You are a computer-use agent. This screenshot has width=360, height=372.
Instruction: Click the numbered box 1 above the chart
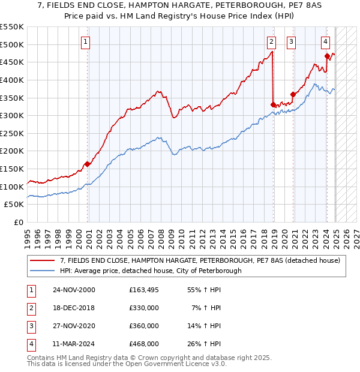tap(86, 41)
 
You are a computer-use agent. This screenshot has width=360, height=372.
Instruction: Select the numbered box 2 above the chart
tap(271, 41)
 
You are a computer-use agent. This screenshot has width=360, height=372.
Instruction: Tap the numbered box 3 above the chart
tap(291, 41)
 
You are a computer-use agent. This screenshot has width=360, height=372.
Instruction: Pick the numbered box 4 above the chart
tap(325, 41)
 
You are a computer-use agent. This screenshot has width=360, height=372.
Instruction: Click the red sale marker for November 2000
tap(88, 164)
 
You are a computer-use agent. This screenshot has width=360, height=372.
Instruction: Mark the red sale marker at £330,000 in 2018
tap(273, 104)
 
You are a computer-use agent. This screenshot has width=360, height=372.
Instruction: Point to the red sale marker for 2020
tap(293, 94)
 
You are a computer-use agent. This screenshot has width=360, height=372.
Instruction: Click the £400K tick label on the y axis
tap(12, 80)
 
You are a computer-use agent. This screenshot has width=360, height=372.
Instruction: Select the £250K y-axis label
tap(12, 133)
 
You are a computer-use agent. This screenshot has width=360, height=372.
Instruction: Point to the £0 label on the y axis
tap(18, 223)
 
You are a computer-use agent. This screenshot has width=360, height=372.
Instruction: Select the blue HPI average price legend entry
tap(150, 271)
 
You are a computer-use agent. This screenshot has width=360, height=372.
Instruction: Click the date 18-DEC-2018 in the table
tap(73, 308)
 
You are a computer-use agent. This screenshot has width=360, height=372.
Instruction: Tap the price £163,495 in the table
tap(144, 290)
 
